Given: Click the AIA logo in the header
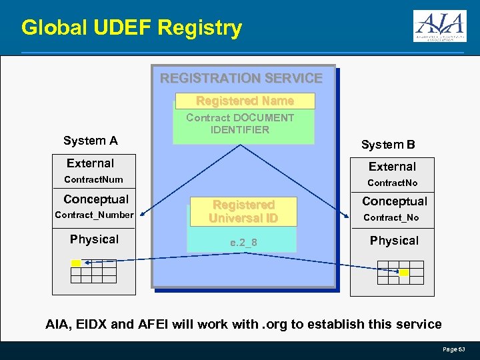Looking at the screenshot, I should pos(439,27).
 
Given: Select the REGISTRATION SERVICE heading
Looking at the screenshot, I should pos(241,78).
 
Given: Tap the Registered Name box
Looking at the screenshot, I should pos(245,101).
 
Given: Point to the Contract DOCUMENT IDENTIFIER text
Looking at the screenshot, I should pos(240,124).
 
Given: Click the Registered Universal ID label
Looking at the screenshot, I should pos(243,211).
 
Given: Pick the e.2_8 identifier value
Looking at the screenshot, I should pos(243,243).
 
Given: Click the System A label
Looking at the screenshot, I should pos(90,141).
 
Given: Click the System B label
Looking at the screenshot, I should pos(388,145).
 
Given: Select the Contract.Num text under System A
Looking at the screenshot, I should pos(93,179).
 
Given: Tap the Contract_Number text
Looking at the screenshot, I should pos(94,215).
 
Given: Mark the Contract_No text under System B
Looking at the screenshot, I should pos(391,217).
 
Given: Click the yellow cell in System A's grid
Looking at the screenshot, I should pos(76,263).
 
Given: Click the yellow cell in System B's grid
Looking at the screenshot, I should pos(404,273).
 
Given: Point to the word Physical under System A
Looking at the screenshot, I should pos(94,239).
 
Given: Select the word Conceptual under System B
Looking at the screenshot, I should pos(395,201).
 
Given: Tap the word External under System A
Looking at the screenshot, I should pos(90,163).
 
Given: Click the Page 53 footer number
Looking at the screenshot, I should pos(454,349).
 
